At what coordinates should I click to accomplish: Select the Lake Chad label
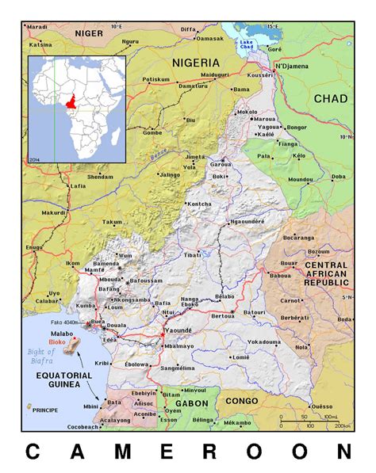(243, 45)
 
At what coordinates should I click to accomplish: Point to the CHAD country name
(331, 98)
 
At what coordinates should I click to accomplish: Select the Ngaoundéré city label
(246, 222)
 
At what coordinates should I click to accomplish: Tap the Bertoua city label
(221, 315)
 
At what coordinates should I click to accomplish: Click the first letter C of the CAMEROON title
(33, 452)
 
